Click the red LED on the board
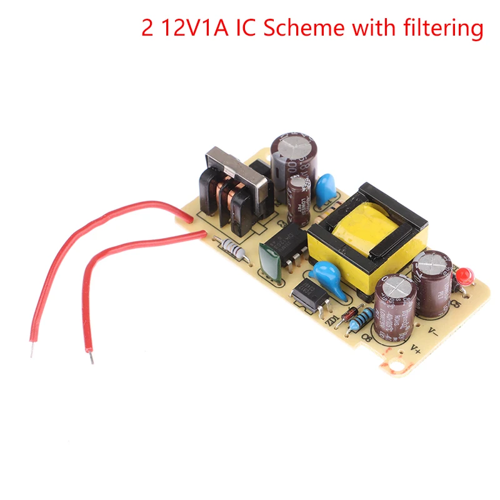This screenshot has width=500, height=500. tap(464, 276)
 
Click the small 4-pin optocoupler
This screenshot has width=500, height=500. tap(307, 291)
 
